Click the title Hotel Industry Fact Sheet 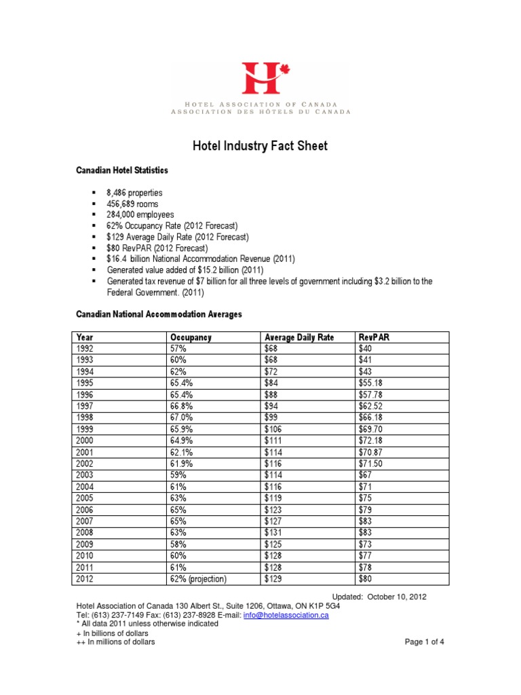coord(260,145)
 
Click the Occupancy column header coord(191,337)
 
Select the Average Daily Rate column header coord(299,337)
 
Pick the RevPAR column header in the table coord(374,337)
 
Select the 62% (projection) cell coord(198,579)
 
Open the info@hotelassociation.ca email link coord(286,615)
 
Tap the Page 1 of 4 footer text coord(424,642)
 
